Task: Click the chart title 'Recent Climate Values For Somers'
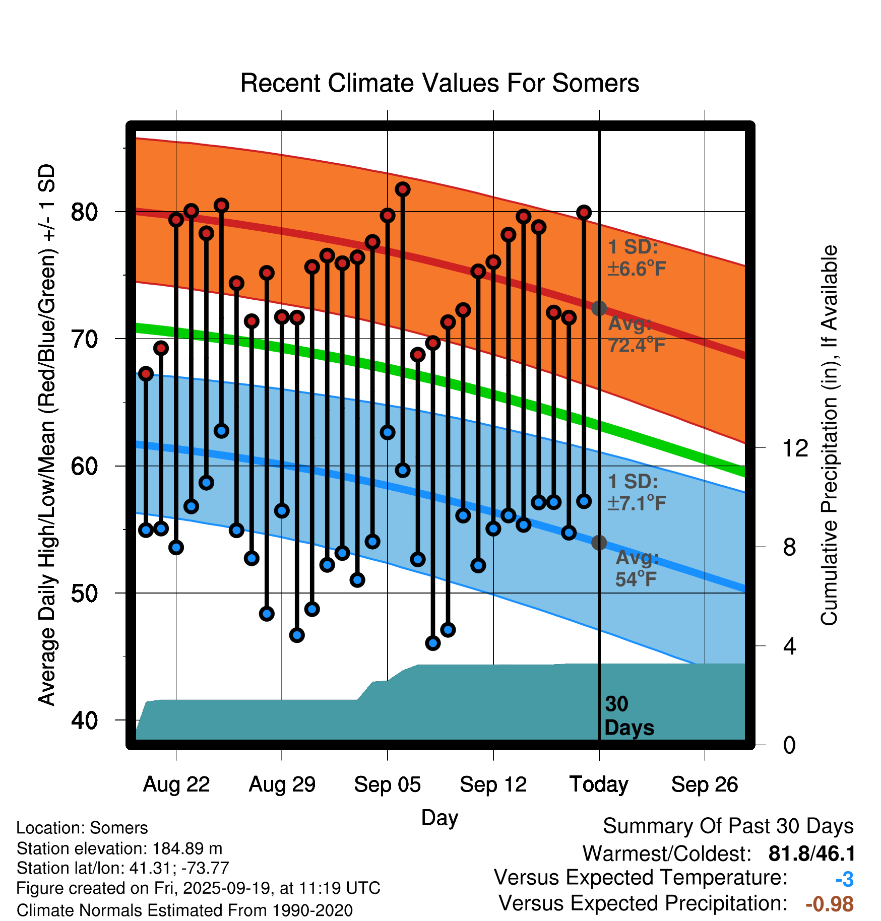(x=439, y=83)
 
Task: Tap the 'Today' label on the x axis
(x=599, y=784)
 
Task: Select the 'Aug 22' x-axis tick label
(x=176, y=784)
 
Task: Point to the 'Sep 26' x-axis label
(x=705, y=784)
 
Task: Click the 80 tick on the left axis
(x=84, y=212)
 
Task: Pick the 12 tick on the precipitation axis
(x=795, y=448)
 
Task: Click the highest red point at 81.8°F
(x=403, y=189)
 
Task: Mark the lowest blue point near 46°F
(x=433, y=643)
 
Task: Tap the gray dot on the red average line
(x=599, y=308)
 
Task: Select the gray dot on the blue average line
(x=599, y=543)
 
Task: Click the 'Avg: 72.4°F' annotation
(x=636, y=335)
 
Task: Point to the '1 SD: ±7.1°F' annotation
(x=636, y=492)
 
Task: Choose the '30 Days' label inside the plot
(x=628, y=716)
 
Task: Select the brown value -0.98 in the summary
(x=830, y=904)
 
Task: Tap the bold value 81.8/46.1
(x=811, y=853)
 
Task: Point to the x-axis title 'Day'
(x=439, y=817)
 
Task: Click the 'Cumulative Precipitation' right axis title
(x=829, y=435)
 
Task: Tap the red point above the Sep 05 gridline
(x=388, y=216)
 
